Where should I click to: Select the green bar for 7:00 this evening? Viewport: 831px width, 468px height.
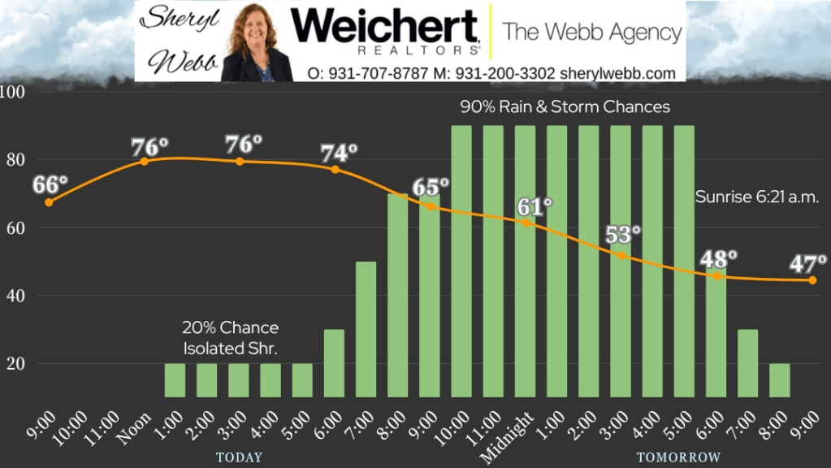366,329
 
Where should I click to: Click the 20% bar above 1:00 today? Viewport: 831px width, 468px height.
175,379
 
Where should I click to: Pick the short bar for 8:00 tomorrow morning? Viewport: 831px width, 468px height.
779,379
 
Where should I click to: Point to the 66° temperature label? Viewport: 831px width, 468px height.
50,184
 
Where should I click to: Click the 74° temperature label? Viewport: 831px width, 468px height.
340,153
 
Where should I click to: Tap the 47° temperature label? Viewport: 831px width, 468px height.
808,263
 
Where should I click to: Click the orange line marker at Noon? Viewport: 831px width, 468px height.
145,161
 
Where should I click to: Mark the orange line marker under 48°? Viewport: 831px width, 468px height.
717,276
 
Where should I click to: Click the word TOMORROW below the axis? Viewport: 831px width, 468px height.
678,457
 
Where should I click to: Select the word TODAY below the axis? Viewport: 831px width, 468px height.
239,457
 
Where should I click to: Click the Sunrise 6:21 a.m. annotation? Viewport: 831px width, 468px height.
755,197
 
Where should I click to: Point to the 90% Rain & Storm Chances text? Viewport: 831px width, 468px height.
565,106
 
